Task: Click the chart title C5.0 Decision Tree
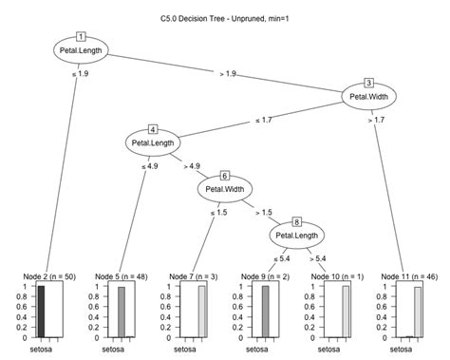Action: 225,19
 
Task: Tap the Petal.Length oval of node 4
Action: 153,143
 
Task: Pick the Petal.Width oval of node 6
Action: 225,188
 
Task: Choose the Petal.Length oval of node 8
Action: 297,234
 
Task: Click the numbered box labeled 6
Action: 225,174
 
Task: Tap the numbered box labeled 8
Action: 297,219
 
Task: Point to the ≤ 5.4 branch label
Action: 283,257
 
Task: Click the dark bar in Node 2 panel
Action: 41,311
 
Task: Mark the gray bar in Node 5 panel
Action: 122,311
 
